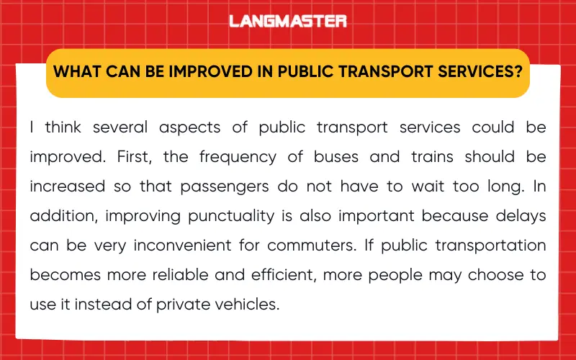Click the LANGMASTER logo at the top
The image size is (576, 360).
point(288,21)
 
